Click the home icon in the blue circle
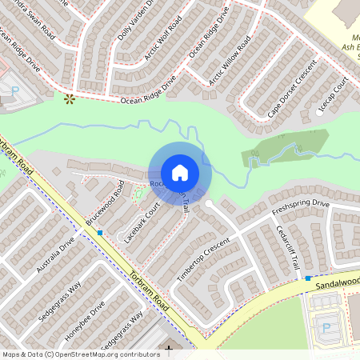[x=180, y=172]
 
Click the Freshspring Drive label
[x=300, y=210]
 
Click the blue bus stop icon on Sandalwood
[x=308, y=278]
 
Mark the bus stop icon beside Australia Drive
[x=100, y=232]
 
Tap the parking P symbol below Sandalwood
[x=326, y=327]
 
